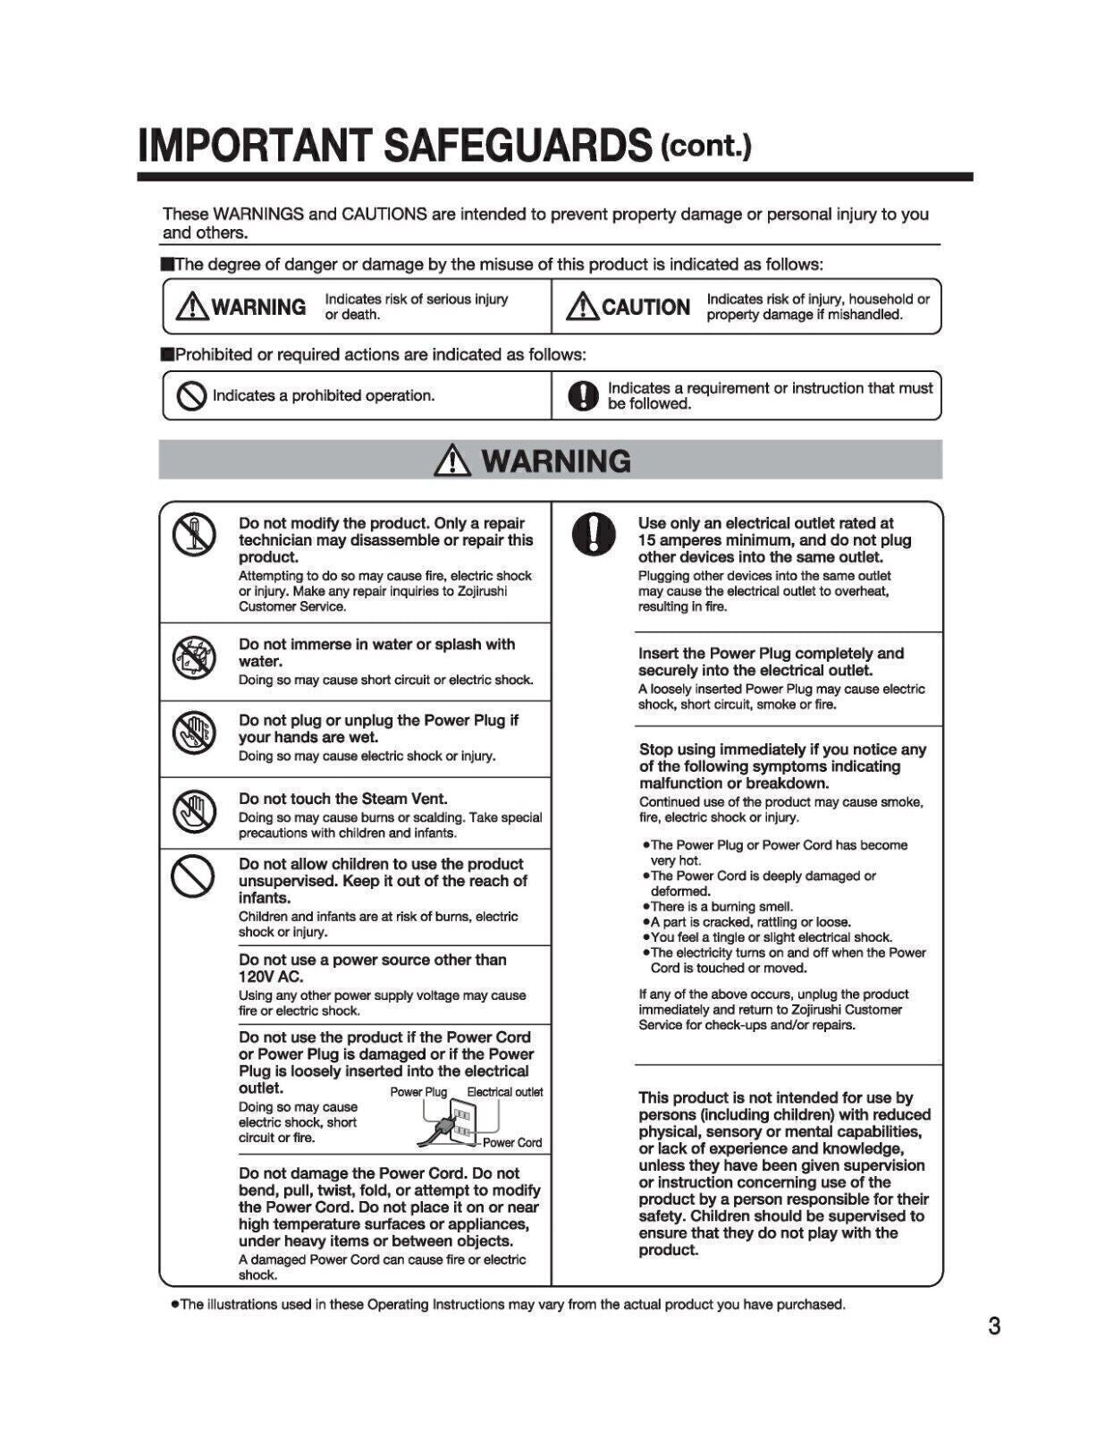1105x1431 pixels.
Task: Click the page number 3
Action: [994, 1325]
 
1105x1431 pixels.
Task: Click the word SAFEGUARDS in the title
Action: [518, 146]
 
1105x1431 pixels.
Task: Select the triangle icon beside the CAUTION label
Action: [582, 307]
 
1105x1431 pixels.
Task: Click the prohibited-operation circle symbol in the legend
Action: [191, 395]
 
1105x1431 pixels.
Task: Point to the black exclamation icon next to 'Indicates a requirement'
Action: [583, 395]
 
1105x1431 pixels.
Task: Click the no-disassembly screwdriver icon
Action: [194, 534]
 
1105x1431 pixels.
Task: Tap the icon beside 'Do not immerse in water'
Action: [194, 659]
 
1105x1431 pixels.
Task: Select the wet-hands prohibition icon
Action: [194, 733]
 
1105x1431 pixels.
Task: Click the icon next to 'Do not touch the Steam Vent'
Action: [194, 811]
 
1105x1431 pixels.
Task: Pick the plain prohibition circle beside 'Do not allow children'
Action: [193, 875]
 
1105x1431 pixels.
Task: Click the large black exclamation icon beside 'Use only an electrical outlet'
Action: [593, 535]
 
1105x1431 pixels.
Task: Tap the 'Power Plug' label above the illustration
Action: [418, 1092]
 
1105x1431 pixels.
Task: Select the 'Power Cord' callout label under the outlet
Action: [512, 1142]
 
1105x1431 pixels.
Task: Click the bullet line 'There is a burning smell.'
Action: [721, 906]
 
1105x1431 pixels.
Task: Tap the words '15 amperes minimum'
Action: [714, 540]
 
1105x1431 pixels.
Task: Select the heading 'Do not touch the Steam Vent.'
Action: [343, 799]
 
